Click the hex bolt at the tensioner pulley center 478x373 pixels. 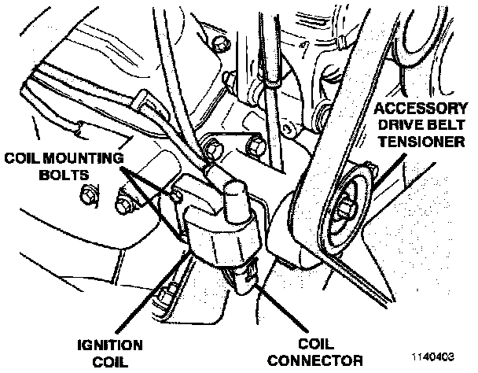(345, 209)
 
